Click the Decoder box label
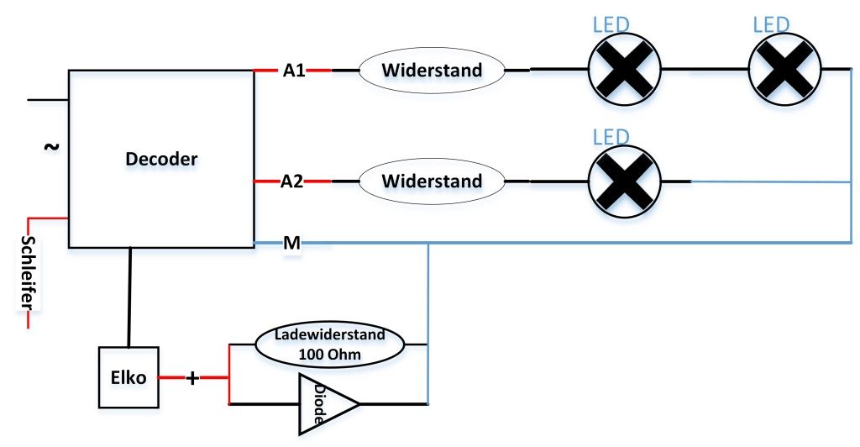pyautogui.click(x=161, y=159)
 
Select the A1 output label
pyautogui.click(x=294, y=71)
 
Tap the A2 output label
pyautogui.click(x=291, y=181)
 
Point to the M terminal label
pyautogui.click(x=291, y=244)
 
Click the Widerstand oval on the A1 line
pyautogui.click(x=432, y=71)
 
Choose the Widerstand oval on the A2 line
pyautogui.click(x=432, y=181)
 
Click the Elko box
pyautogui.click(x=128, y=377)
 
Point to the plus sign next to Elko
pyautogui.click(x=192, y=378)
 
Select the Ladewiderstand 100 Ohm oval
pyautogui.click(x=329, y=344)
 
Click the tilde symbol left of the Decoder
pyautogui.click(x=51, y=147)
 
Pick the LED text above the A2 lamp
pyautogui.click(x=611, y=135)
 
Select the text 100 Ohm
pyautogui.click(x=329, y=354)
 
